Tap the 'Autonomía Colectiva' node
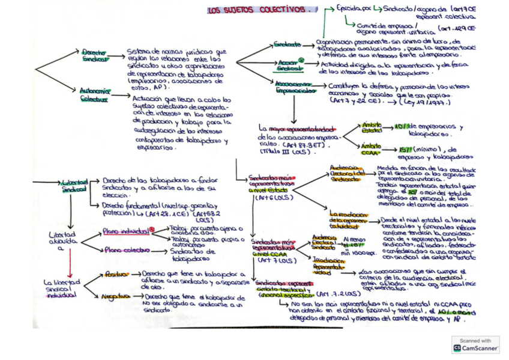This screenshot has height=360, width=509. point(94,95)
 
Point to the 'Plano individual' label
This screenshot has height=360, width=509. point(125,230)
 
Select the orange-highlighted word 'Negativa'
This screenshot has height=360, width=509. point(115,296)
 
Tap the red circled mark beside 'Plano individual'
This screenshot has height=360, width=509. point(152,229)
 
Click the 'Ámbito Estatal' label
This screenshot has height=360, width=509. point(372,127)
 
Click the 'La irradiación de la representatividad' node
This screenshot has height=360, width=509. point(349,219)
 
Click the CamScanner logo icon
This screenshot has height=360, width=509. point(457,347)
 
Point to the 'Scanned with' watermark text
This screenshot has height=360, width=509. point(475,340)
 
